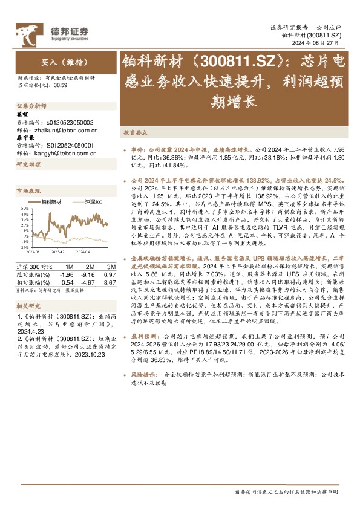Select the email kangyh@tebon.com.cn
(64, 154)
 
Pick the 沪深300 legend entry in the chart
(94, 201)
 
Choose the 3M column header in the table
(110, 266)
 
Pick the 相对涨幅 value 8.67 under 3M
(110, 282)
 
